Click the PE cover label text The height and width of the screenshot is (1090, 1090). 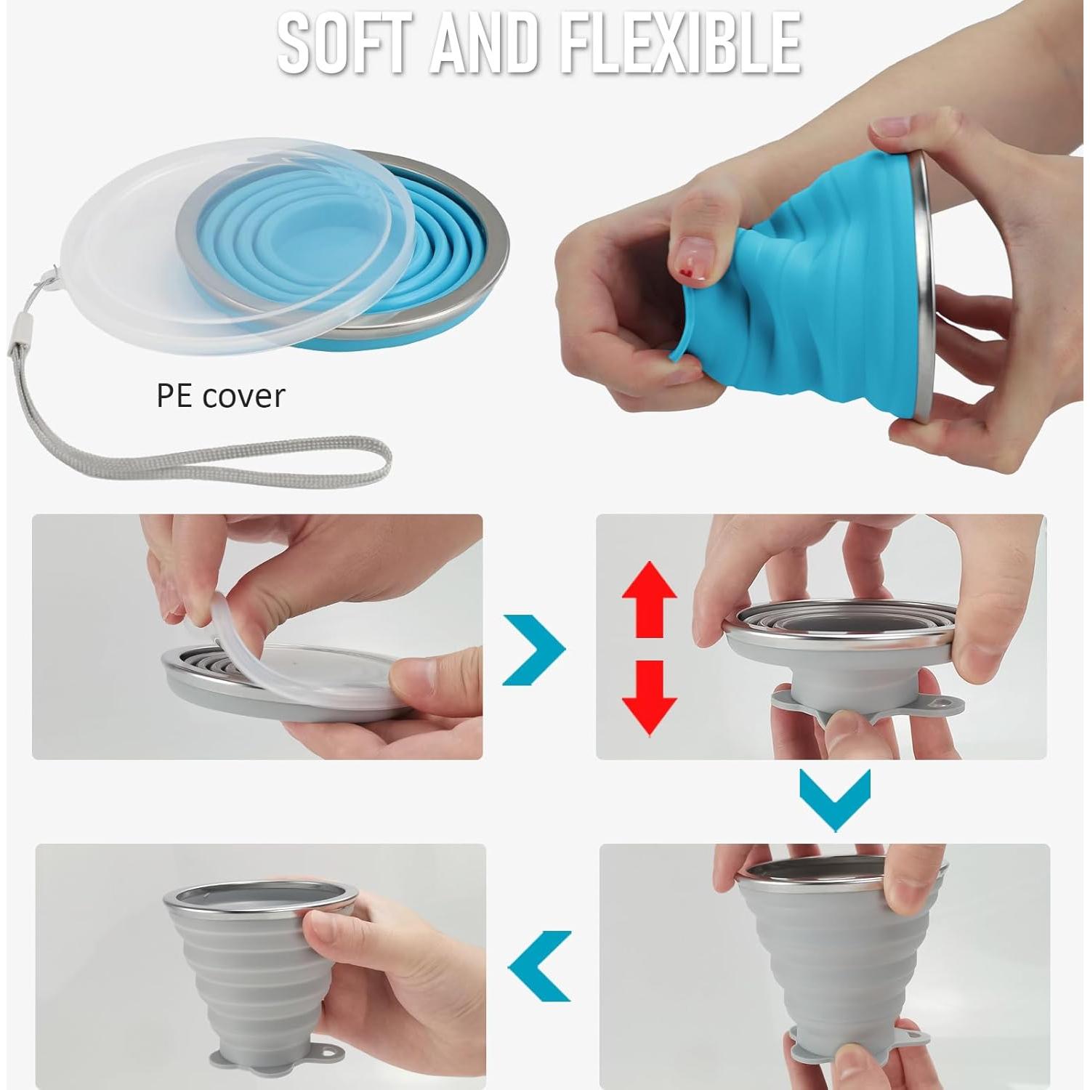coord(221,396)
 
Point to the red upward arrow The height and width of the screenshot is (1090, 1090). coord(648,599)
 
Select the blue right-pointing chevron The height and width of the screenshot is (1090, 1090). coord(534,650)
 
